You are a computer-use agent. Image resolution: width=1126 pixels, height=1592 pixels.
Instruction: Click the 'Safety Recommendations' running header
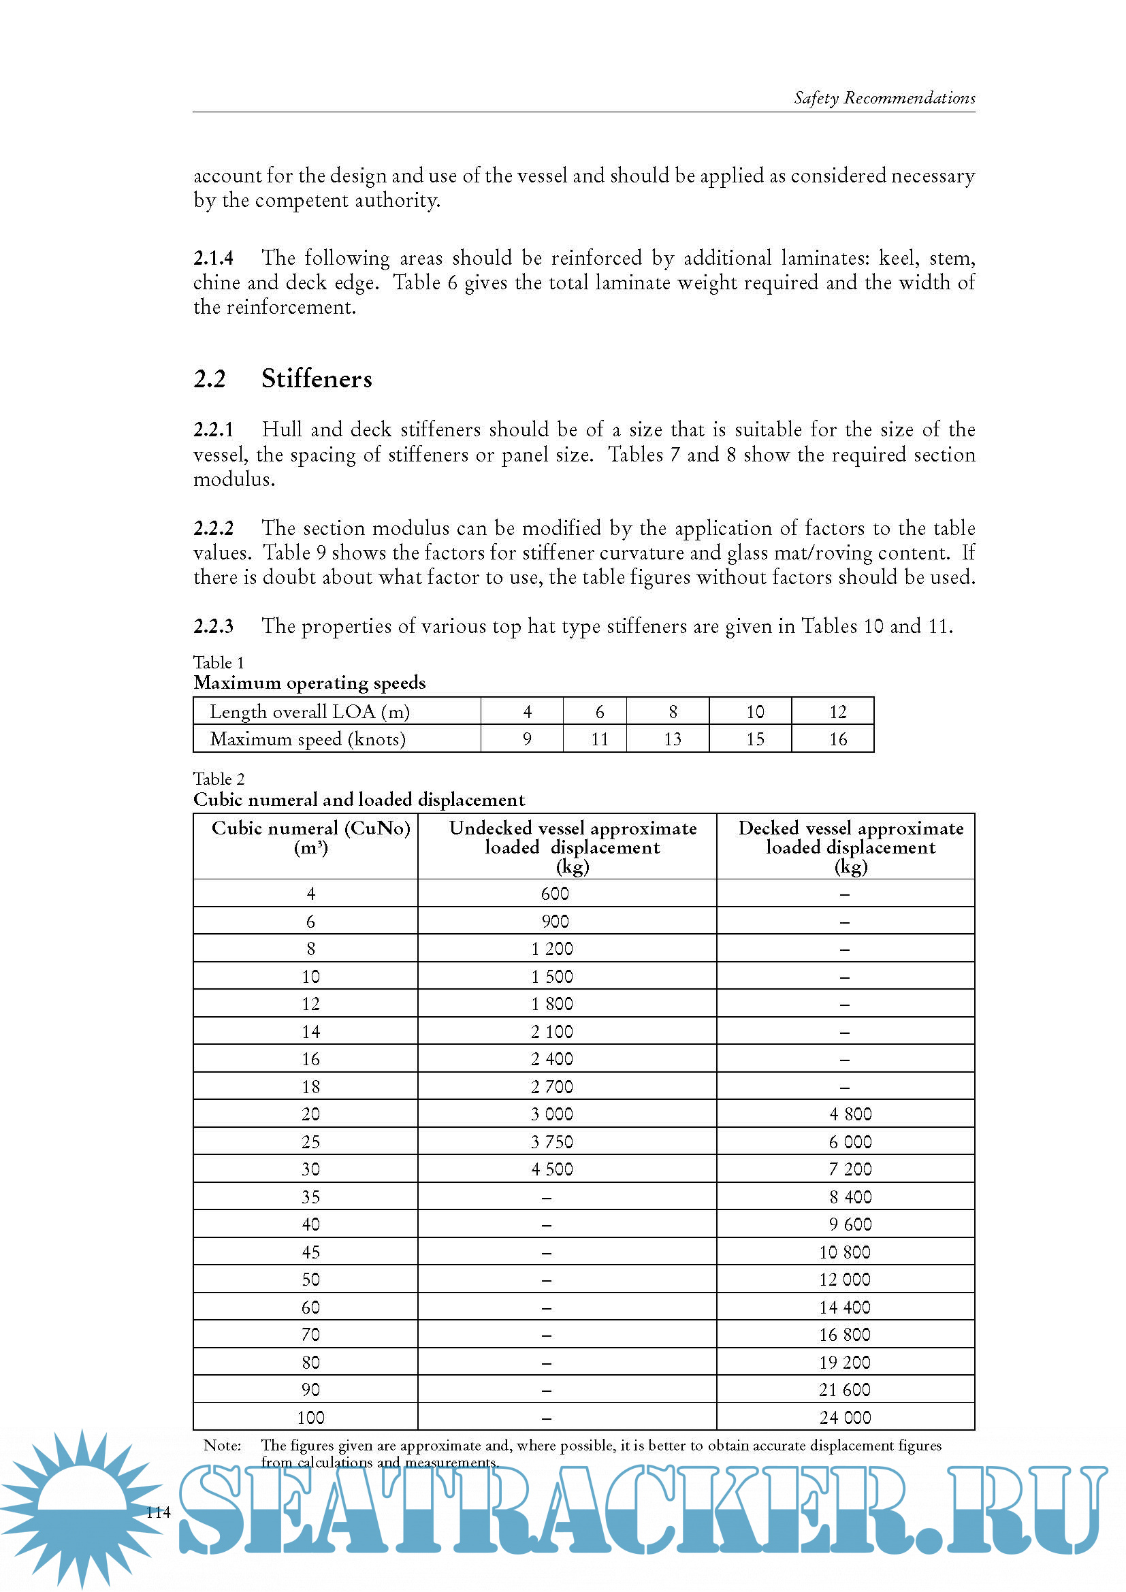pyautogui.click(x=884, y=98)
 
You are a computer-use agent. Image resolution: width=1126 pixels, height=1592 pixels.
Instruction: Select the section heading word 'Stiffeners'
pyautogui.click(x=316, y=378)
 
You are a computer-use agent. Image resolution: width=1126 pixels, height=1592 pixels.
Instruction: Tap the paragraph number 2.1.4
pyautogui.click(x=213, y=258)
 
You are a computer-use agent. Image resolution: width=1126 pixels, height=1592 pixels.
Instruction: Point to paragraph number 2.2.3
pyautogui.click(x=213, y=626)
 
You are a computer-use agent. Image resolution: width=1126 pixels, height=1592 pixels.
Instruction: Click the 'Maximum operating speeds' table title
pyautogui.click(x=309, y=683)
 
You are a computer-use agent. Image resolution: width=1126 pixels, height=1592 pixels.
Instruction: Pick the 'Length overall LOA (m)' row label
pyautogui.click(x=309, y=712)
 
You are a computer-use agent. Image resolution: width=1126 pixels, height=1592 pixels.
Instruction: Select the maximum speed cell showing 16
pyautogui.click(x=837, y=739)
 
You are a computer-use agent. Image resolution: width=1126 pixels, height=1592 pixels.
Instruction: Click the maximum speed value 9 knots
pyautogui.click(x=527, y=739)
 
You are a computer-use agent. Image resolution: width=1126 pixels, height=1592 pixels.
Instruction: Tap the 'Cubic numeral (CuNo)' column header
pyautogui.click(x=310, y=828)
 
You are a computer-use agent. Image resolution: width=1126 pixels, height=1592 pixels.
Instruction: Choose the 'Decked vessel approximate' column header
pyautogui.click(x=850, y=828)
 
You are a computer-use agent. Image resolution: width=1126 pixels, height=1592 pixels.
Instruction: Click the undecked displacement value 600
pyautogui.click(x=555, y=894)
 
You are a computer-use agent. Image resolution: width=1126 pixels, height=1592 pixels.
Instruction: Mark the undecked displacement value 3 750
pyautogui.click(x=552, y=1142)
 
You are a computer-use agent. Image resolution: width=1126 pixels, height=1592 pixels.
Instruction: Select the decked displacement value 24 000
pyautogui.click(x=844, y=1418)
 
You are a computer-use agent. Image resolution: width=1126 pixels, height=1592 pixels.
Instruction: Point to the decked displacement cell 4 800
pyautogui.click(x=850, y=1114)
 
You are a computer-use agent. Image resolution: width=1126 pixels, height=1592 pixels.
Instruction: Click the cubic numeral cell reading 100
pyautogui.click(x=310, y=1418)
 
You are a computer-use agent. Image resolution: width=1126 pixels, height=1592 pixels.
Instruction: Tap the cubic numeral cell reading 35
pyautogui.click(x=310, y=1197)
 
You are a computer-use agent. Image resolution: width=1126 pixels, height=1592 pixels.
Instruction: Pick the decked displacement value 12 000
pyautogui.click(x=844, y=1280)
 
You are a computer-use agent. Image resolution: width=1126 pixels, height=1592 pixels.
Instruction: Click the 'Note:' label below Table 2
pyautogui.click(x=222, y=1446)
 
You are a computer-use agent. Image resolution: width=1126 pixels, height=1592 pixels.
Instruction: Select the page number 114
pyautogui.click(x=158, y=1512)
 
